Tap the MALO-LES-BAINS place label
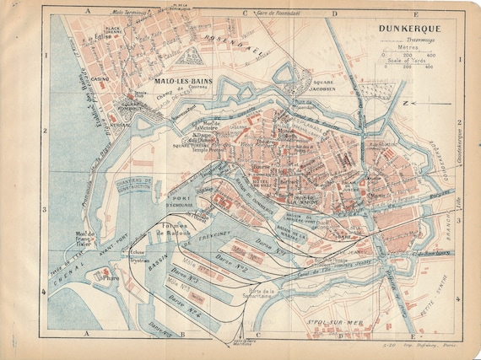point(182,81)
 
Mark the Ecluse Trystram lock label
point(139,258)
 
